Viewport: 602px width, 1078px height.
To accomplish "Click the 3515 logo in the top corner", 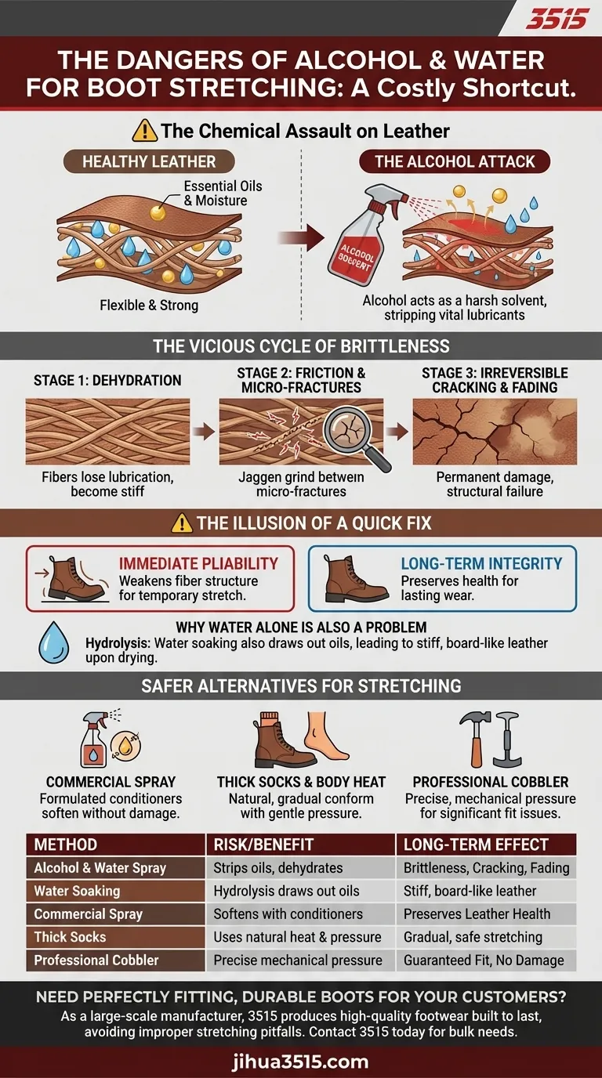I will point(556,20).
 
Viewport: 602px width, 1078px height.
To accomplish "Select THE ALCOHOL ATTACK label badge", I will point(455,162).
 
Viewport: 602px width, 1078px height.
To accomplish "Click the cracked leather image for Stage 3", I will point(495,432).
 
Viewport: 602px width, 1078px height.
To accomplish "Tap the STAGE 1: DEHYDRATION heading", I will point(107,381).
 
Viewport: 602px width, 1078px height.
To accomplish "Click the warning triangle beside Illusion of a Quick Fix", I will point(182,523).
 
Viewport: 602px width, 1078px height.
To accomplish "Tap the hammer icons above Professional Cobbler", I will point(494,739).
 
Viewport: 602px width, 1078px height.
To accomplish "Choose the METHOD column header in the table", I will point(66,845).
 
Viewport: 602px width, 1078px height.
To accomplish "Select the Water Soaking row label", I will point(77,891).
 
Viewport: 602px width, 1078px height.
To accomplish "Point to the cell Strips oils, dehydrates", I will point(278,868).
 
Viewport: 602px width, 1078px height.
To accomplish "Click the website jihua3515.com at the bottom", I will point(301,1062).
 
